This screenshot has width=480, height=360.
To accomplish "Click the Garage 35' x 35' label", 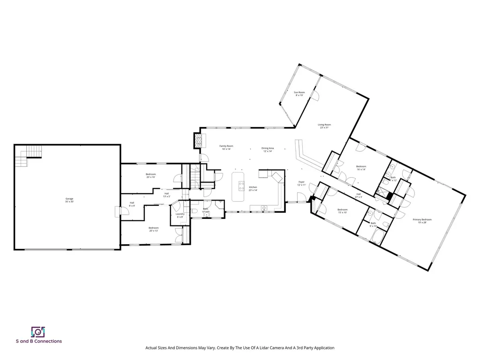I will coord(69,200).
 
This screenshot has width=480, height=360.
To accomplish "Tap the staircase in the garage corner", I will coord(29,156).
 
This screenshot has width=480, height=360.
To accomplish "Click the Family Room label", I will coord(226,147).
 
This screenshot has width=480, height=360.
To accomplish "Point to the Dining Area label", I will coord(268,149).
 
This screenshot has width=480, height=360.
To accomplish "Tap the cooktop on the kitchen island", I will coord(241,186).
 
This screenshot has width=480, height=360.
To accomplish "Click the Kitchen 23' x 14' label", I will coord(253,188).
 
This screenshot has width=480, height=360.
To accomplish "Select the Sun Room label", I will coord(299,93).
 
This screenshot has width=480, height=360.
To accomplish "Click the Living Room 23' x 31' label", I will coord(324,126).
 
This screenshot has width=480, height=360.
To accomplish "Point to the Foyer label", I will coord(301,183).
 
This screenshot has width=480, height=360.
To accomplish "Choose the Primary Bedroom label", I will coord(422,221).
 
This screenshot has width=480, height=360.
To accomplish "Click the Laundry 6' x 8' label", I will coord(180,215).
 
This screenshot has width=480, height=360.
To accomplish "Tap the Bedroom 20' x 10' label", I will coord(150,175).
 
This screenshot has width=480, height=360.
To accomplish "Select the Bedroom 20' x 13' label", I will coord(154,229).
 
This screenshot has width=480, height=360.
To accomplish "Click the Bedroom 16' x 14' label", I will coord(360,167).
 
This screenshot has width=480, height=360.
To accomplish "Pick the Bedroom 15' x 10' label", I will coord(343,210).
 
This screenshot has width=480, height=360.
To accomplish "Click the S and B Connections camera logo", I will coord(37,332).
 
